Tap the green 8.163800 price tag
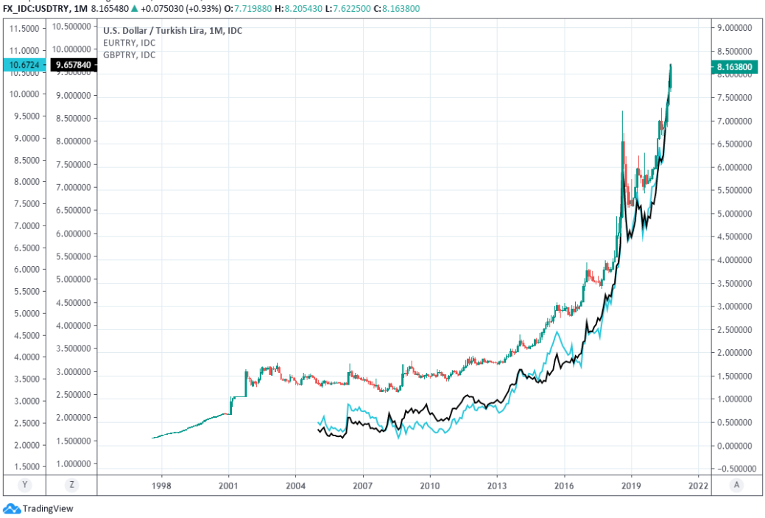tap(736, 66)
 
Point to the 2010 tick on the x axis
tap(429, 486)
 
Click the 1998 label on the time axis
tap(161, 486)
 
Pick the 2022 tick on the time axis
tap(698, 486)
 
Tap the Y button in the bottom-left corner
tap(26, 485)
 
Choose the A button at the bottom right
tap(736, 485)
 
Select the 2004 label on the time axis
tap(295, 486)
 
